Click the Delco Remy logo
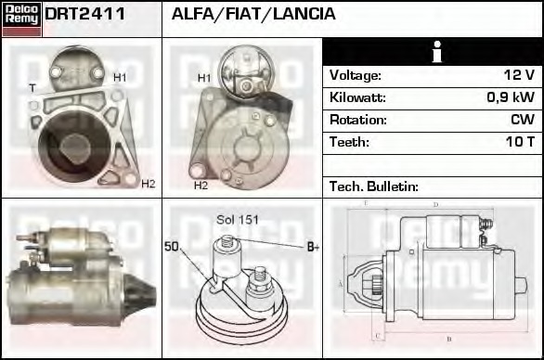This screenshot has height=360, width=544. pos(21,19)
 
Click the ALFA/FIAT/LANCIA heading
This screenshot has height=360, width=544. pos(253,15)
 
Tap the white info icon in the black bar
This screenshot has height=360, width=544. pos(433,52)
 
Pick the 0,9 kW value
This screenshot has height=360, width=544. pos(510,97)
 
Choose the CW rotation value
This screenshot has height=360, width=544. pos(521,120)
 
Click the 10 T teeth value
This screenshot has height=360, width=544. pos(516,142)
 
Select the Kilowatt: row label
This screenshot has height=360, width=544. pos(357,97)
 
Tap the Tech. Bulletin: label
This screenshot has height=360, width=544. pos(374,186)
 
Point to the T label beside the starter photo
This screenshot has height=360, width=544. pos(32,88)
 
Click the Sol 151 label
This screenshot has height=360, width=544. pos(237,220)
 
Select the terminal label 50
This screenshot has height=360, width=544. pos(171,246)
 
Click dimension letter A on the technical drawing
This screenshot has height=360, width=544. pos(341,283)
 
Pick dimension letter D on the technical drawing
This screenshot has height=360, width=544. pos(435,204)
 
